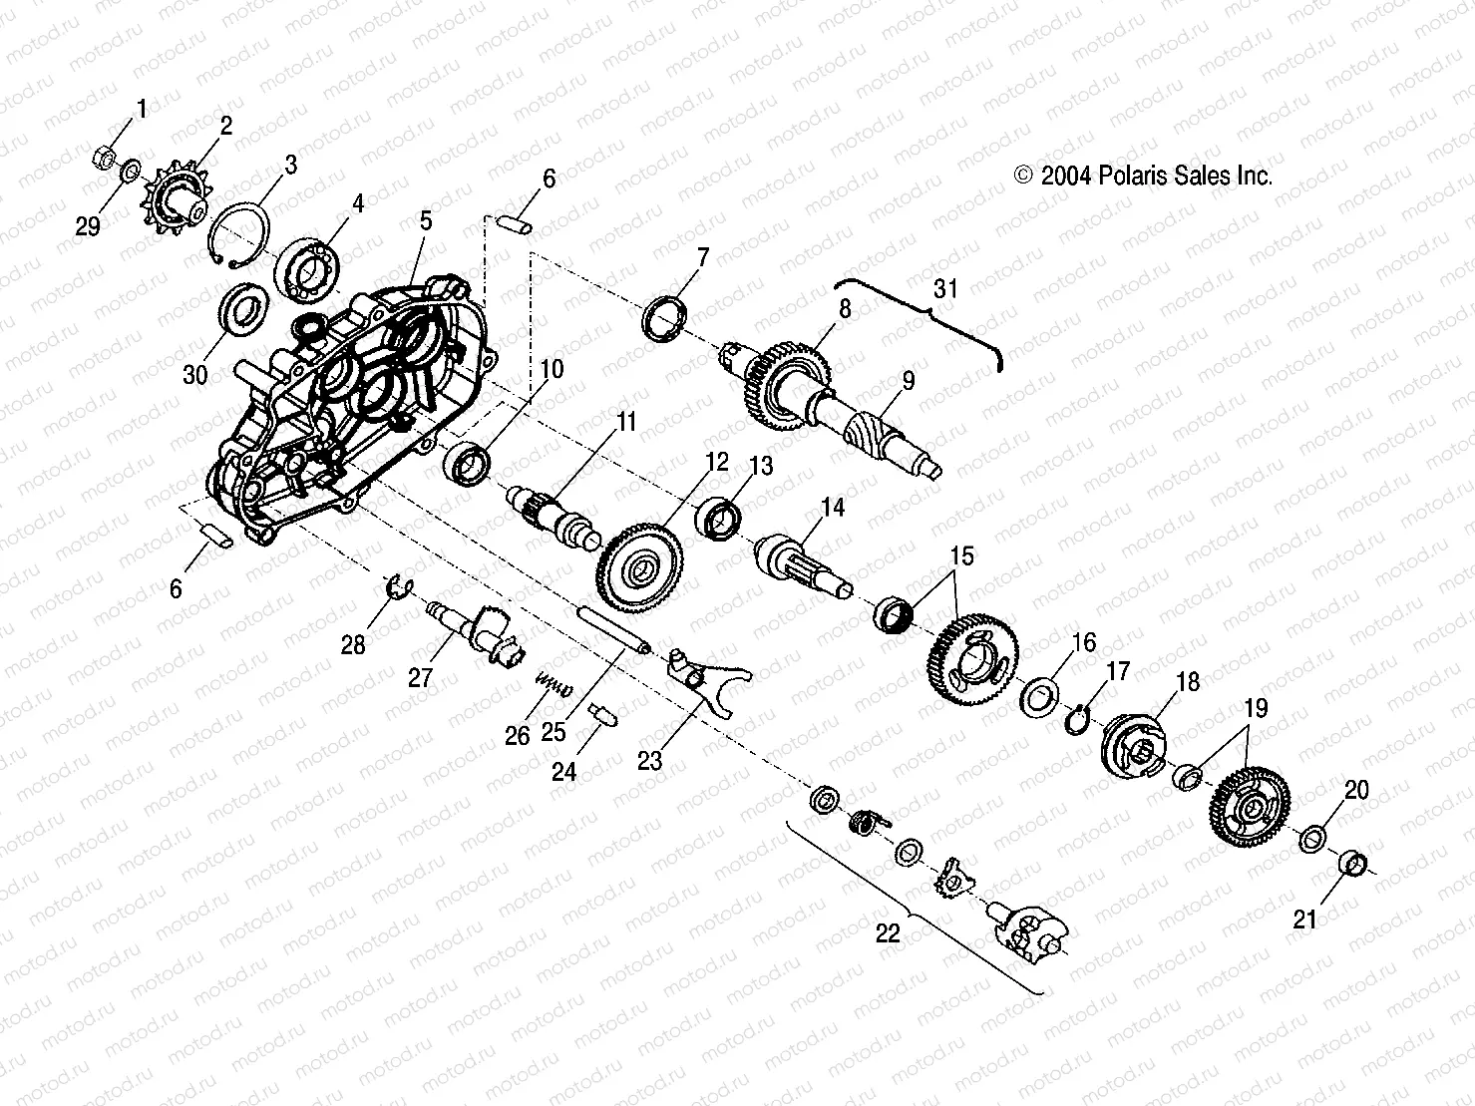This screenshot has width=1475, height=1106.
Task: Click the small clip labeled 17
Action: pyautogui.click(x=1078, y=717)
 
